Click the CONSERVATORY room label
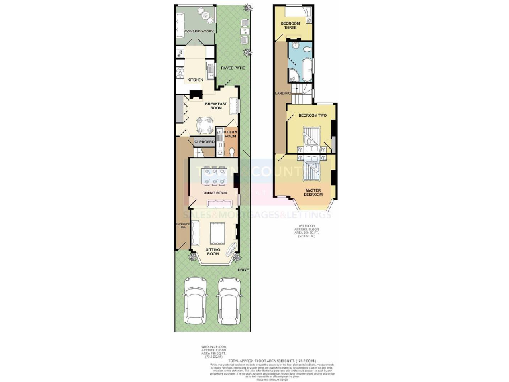[199, 31]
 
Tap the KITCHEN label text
[195, 80]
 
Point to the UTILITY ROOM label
[230, 135]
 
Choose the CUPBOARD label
[204, 142]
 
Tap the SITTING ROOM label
[213, 251]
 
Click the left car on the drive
[197, 304]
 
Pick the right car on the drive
[229, 304]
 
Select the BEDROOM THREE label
[290, 26]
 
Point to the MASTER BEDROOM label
[313, 192]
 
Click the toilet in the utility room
[229, 152]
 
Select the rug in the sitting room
[216, 233]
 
